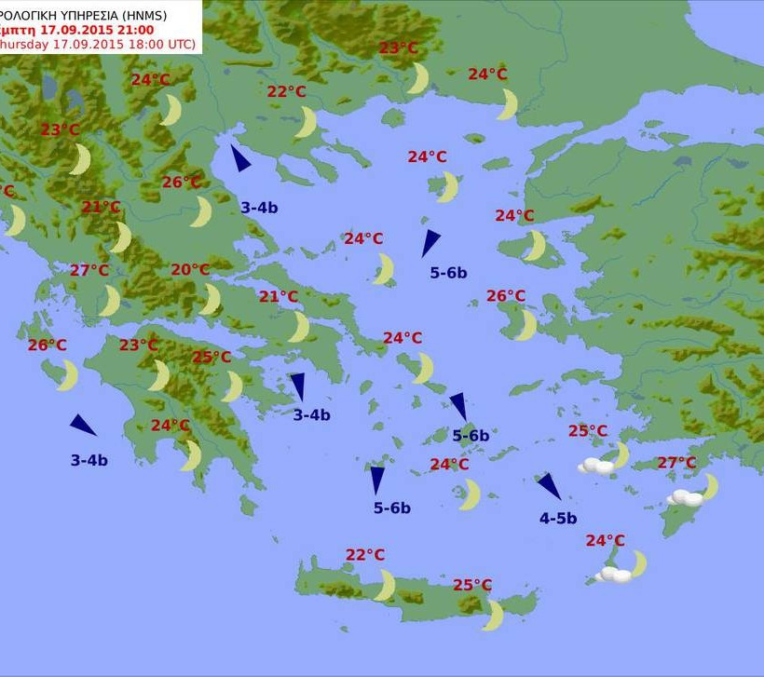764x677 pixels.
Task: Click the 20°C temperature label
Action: point(190,270)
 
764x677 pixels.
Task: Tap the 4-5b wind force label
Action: point(558,519)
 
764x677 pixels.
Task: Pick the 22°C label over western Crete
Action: point(365,555)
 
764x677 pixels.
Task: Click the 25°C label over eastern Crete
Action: point(472,585)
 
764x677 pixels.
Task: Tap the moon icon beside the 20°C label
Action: point(211,299)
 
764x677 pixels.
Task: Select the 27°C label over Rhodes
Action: point(677,463)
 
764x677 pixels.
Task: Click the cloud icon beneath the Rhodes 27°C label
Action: point(684,498)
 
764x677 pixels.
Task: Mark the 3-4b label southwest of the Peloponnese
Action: point(89,460)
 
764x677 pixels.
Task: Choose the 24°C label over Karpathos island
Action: point(606,540)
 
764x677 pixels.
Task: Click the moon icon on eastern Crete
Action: point(494,615)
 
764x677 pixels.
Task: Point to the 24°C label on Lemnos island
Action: point(428,156)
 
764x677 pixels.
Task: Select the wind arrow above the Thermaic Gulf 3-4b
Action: point(240,158)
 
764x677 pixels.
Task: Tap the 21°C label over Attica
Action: point(279,297)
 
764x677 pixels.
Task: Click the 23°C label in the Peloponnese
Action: point(138,345)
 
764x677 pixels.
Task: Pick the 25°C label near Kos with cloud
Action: point(588,431)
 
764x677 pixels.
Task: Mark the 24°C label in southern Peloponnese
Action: point(171,426)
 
